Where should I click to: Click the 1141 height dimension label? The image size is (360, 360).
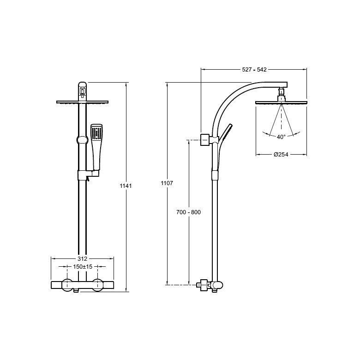pos(126,186)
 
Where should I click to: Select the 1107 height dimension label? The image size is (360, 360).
pos(167,183)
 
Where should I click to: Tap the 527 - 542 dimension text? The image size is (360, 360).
pos(254,70)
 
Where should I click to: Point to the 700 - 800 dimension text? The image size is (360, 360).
pos(188,212)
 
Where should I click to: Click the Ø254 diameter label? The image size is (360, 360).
pos(281,155)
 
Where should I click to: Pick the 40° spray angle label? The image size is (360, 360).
pos(281,137)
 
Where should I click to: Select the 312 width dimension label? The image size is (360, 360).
pos(82,259)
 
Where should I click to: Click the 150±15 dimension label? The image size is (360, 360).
pos(83,267)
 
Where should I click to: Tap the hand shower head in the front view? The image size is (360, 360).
pos(96,132)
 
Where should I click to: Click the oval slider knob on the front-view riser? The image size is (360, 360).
pos(83,140)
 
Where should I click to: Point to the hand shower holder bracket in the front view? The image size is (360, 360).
pos(89,174)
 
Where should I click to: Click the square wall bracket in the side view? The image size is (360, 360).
pos(205,139)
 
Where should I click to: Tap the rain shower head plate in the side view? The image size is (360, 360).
pos(281,102)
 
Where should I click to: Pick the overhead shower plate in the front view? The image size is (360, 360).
pos(82,102)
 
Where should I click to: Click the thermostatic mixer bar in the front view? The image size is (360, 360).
pos(82,285)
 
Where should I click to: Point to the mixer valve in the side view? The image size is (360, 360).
pos(210,285)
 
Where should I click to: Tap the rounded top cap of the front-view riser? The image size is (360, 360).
pos(83,91)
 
